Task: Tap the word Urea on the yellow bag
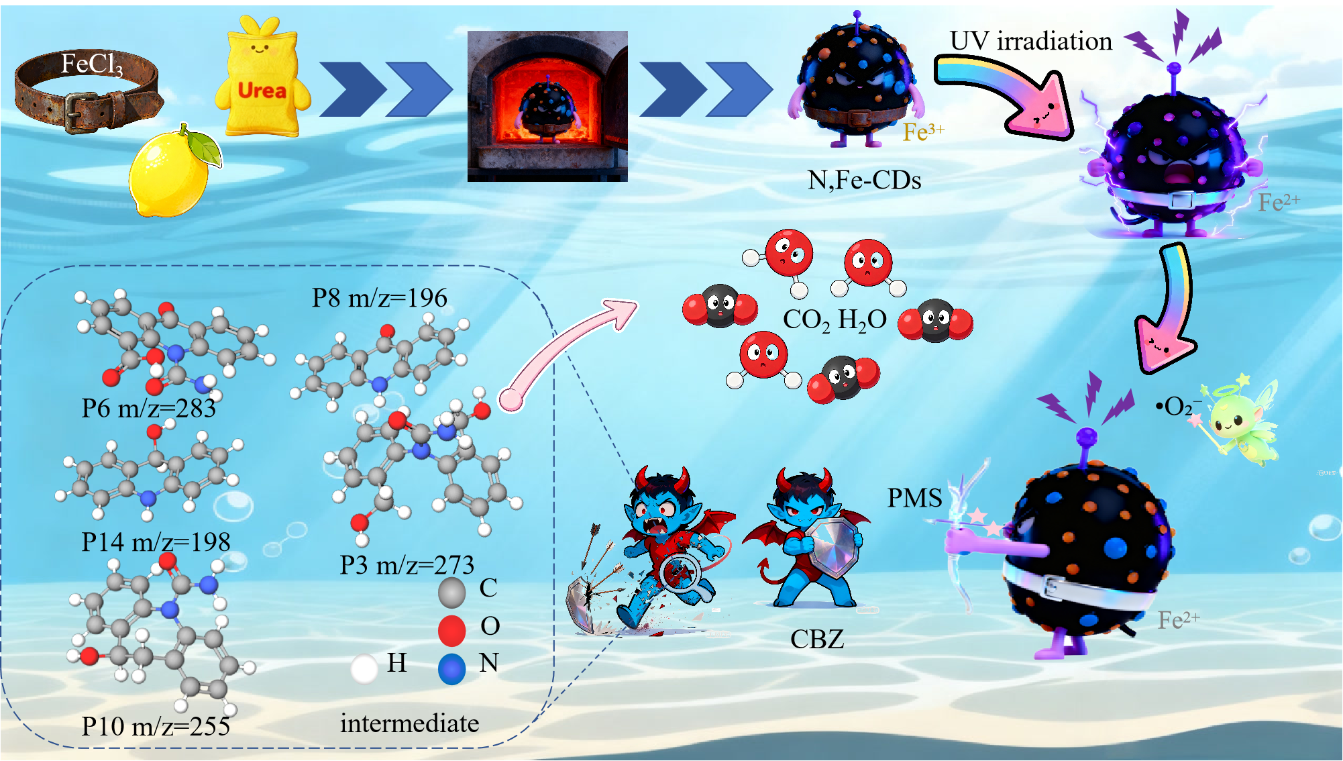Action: tap(262, 91)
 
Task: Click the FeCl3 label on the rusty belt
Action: tap(92, 64)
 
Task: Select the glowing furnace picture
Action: tap(547, 106)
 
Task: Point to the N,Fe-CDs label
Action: tap(864, 180)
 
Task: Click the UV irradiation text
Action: tap(1030, 41)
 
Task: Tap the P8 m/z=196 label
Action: tap(379, 298)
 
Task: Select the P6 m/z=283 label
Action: tap(148, 408)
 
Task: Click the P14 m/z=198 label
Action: tap(156, 542)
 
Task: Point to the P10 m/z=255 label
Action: tap(156, 726)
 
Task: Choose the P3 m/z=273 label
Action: tap(407, 565)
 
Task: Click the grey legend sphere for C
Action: tap(451, 593)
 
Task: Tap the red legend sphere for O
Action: tap(451, 630)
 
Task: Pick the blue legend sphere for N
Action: tap(451, 669)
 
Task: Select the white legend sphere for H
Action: tap(364, 668)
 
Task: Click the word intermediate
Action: tap(409, 723)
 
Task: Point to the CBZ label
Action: tap(816, 639)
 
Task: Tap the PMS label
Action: tap(914, 498)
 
